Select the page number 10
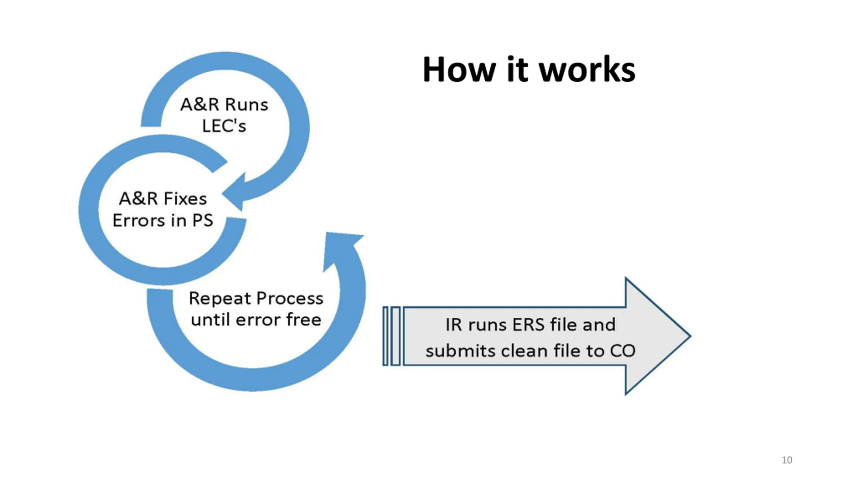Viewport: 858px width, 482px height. coord(787,460)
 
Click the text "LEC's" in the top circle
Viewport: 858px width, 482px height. coord(224,126)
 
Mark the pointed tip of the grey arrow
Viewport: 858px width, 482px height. coord(690,336)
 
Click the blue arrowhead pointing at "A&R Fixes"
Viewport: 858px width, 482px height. coord(235,193)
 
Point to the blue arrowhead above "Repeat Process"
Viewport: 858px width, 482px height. coord(342,248)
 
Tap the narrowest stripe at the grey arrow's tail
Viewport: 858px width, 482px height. coord(385,336)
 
